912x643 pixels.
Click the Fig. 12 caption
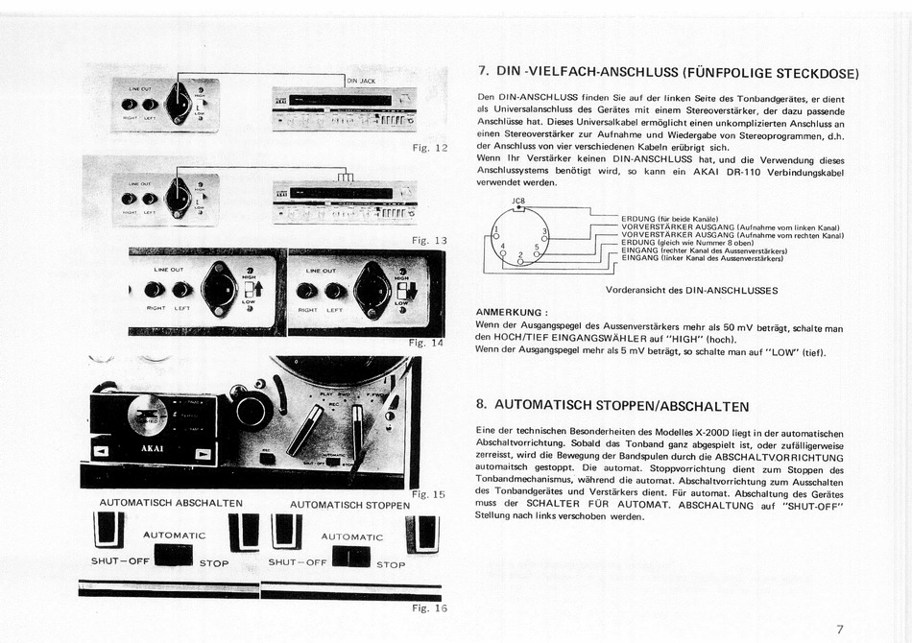pos(429,148)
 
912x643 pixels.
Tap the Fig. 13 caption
pos(428,240)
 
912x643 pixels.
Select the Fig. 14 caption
pos(426,343)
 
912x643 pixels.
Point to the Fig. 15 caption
pos(427,494)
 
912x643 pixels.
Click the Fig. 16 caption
pos(429,607)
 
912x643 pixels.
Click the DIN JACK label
pos(361,82)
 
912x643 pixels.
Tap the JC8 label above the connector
pos(519,201)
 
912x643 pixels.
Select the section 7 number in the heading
pos(483,71)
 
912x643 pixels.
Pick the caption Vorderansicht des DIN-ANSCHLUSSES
pos(691,290)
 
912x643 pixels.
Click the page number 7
pos(839,630)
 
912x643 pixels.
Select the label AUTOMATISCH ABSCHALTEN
pos(171,503)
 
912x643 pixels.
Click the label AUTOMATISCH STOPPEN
pos(349,504)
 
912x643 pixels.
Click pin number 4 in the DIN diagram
pos(503,247)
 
